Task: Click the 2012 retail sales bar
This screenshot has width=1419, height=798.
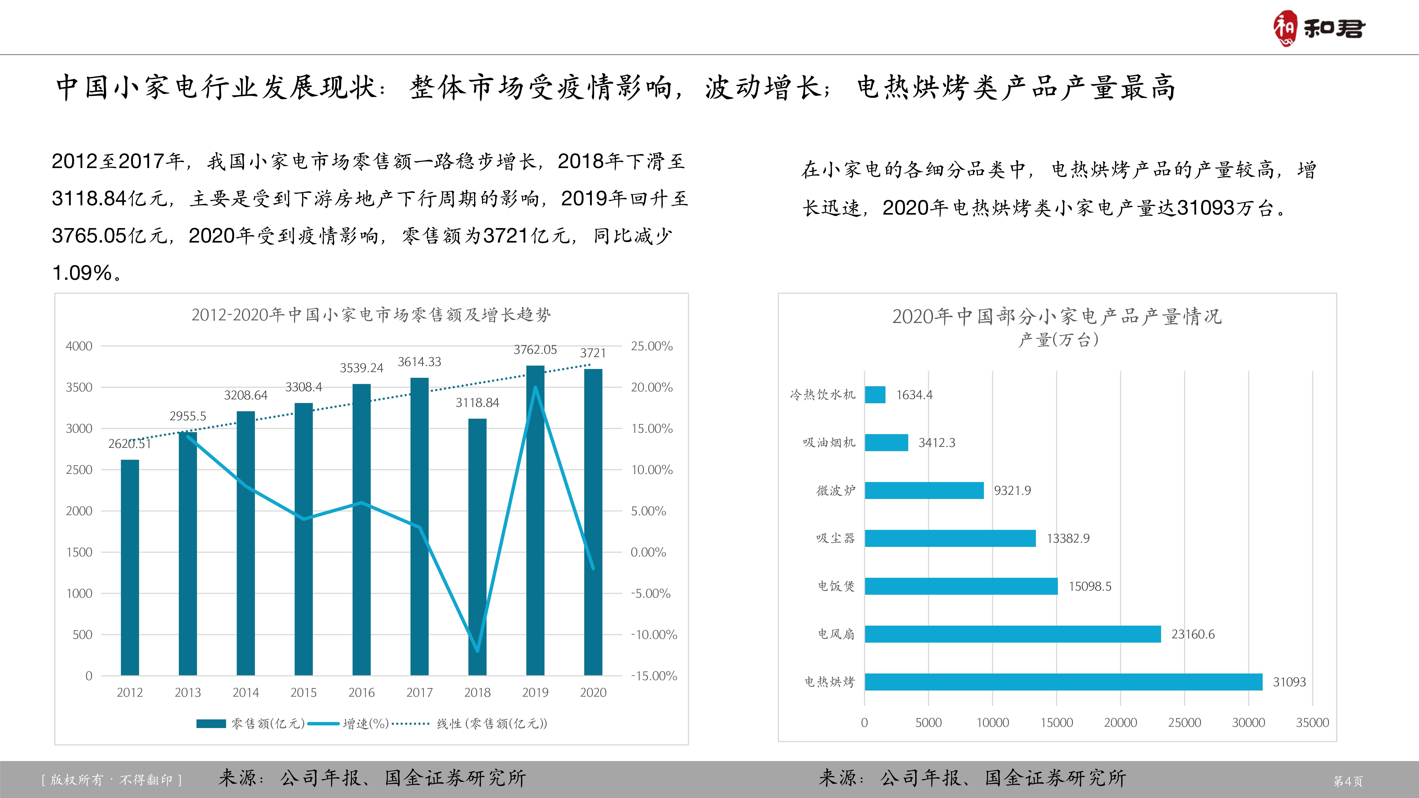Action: click(x=130, y=567)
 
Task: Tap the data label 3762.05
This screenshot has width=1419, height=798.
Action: click(x=535, y=350)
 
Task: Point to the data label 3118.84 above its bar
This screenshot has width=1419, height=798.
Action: click(x=477, y=403)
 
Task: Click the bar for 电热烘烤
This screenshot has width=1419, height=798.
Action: click(x=1063, y=682)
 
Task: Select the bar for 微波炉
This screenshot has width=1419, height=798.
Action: click(x=924, y=490)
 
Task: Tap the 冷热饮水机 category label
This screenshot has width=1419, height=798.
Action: click(x=822, y=394)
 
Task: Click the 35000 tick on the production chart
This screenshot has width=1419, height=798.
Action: click(x=1312, y=723)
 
